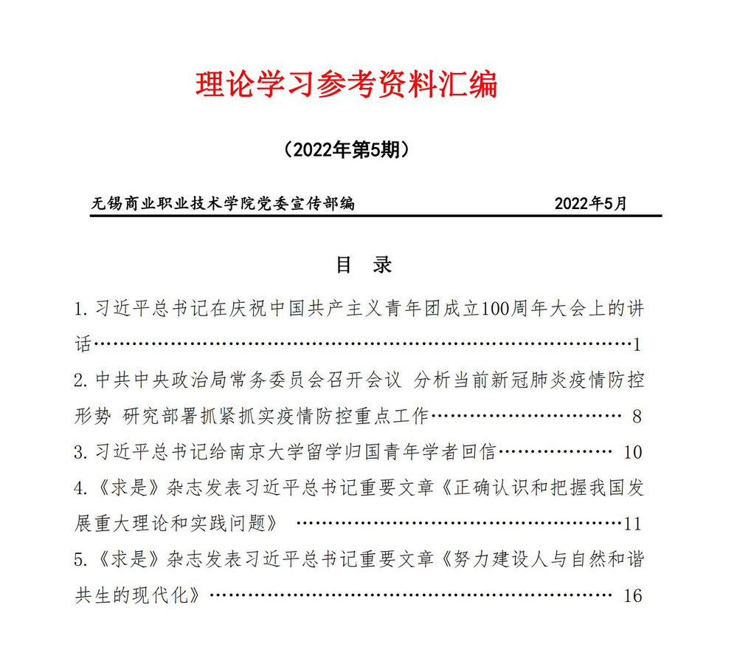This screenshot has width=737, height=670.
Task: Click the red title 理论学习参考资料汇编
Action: tap(347, 85)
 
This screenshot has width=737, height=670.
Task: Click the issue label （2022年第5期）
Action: tap(346, 151)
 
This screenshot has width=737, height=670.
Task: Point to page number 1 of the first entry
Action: tap(637, 345)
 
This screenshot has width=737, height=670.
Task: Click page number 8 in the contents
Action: tap(637, 417)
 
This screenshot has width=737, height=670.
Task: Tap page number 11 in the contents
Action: tap(632, 524)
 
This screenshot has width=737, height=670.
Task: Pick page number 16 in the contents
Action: tap(632, 595)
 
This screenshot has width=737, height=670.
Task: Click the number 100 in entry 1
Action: tap(494, 309)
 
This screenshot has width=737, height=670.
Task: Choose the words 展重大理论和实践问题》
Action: tap(177, 523)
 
